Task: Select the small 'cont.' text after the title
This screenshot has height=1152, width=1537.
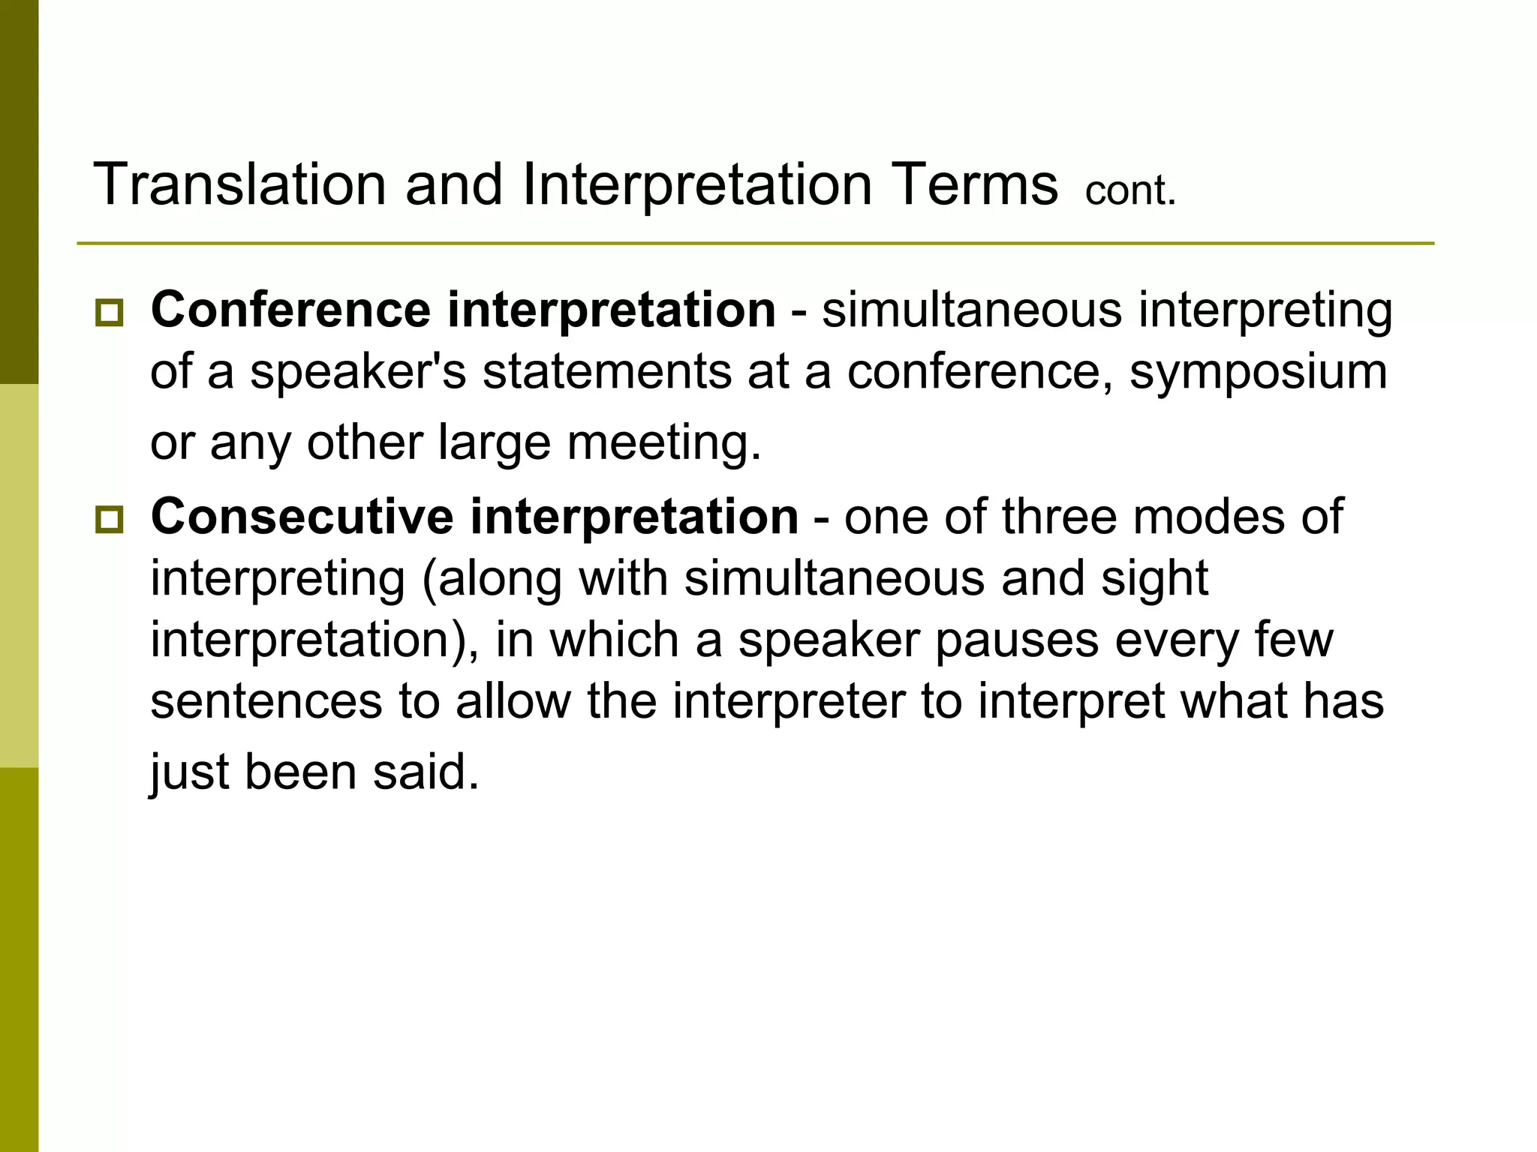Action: tap(1130, 190)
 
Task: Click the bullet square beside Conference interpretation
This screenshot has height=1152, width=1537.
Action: tap(110, 312)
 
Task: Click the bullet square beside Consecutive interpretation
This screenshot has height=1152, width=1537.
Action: tap(110, 519)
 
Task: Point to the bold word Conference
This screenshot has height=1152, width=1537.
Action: tap(290, 309)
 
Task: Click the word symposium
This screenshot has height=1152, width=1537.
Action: tap(1258, 372)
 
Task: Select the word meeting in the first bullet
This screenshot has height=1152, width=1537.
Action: tap(663, 442)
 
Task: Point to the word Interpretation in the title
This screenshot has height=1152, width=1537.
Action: tap(696, 184)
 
